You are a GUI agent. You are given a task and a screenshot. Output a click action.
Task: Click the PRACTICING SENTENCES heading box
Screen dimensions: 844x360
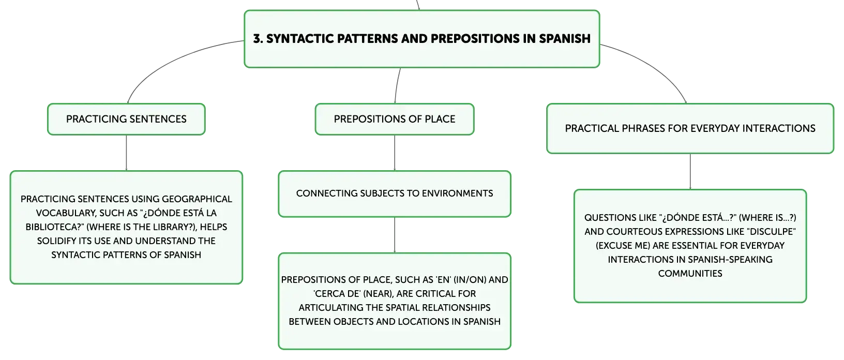pos(126,119)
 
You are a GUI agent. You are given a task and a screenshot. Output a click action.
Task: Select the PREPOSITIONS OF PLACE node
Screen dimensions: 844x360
pos(395,119)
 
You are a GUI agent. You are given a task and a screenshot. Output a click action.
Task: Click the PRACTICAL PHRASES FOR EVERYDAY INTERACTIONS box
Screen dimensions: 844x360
pos(690,129)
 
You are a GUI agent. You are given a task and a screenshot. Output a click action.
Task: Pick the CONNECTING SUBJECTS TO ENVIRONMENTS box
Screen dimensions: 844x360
pos(395,194)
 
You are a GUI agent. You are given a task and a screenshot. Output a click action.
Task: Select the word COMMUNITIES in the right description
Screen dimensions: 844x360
pos(690,273)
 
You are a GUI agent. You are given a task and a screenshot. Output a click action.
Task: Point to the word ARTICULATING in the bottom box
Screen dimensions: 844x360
pos(331,308)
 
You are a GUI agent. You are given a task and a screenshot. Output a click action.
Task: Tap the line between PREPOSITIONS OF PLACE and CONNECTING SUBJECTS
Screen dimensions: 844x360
pos(395,153)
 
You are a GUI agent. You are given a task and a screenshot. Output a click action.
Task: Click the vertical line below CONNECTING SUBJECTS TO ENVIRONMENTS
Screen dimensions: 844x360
pos(395,235)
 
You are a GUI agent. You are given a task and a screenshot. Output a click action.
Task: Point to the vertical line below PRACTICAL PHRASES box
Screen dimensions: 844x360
pos(690,172)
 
